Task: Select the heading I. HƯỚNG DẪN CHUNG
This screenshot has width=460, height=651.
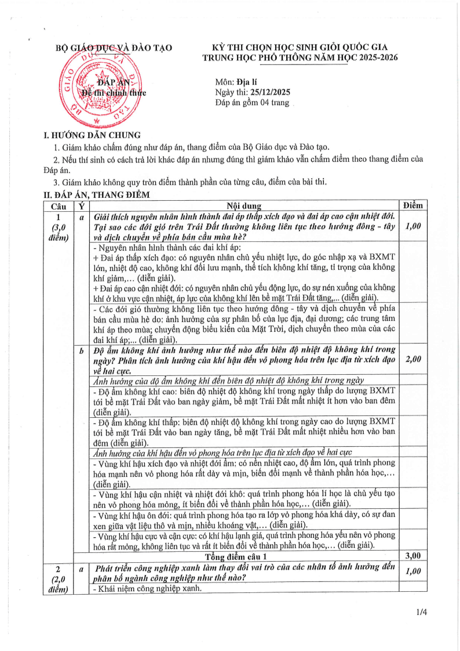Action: pos(89,135)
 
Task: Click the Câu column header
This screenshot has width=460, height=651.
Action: pos(59,205)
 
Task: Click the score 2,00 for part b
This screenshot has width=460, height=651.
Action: pos(412,359)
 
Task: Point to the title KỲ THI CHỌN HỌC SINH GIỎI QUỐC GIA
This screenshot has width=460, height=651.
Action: pos(300,48)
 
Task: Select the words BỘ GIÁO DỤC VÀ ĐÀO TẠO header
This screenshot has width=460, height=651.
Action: pos(113,48)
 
